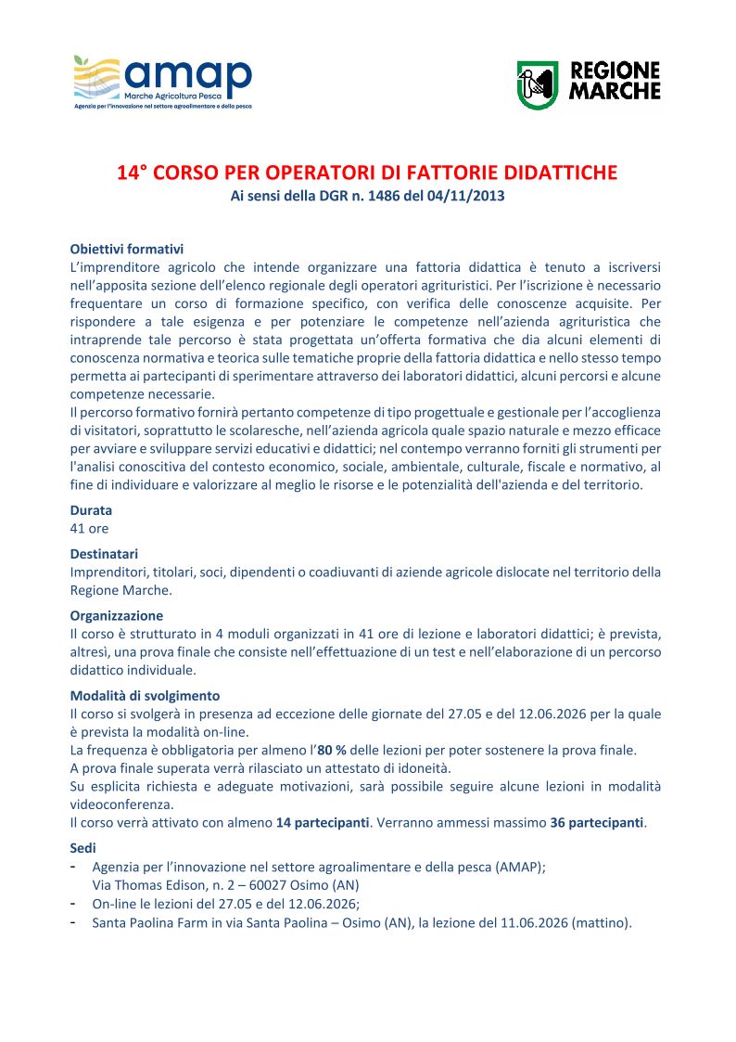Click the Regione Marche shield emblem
[537, 84]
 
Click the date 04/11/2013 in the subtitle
[468, 197]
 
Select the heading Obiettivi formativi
[127, 249]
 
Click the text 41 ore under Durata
[90, 528]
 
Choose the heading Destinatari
[105, 554]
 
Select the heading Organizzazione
[117, 615]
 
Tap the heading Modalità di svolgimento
[145, 695]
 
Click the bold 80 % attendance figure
[331, 750]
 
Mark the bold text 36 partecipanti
[597, 823]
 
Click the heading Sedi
[82, 848]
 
